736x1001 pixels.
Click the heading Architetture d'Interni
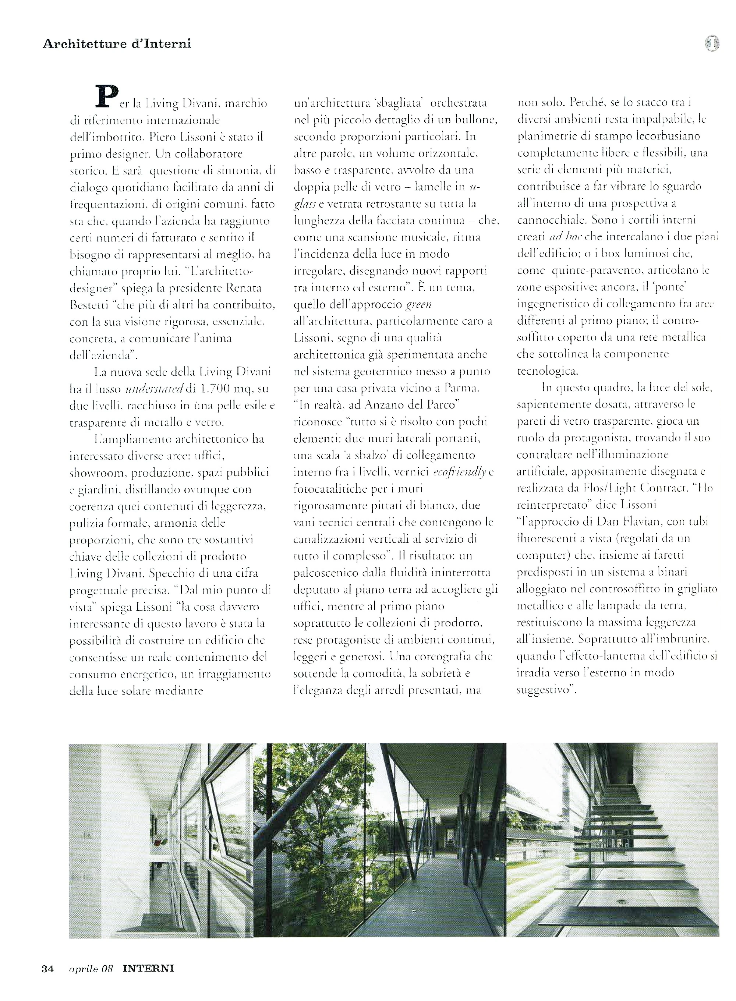[117, 44]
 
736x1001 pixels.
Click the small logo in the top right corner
[712, 44]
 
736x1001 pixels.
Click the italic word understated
[154, 389]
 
